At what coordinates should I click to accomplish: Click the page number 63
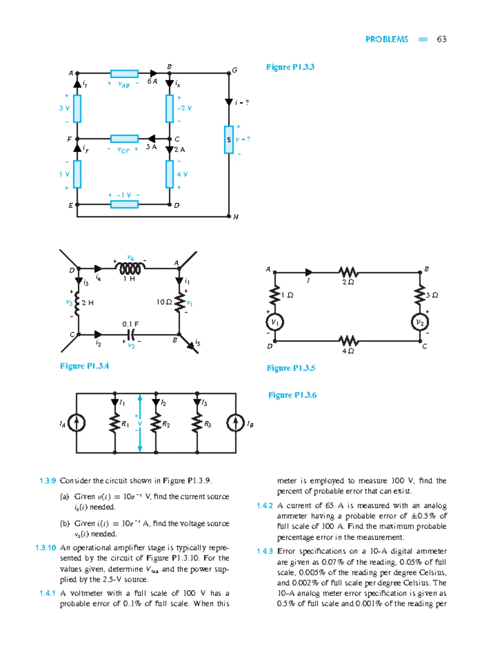441,39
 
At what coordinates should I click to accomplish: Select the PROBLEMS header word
386,39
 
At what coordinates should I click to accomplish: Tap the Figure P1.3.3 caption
290,67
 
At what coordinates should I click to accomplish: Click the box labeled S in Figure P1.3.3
229,140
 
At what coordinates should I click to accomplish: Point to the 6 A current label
152,81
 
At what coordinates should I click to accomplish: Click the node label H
236,217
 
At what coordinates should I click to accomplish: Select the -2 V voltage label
185,108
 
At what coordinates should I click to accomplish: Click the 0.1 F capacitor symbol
131,334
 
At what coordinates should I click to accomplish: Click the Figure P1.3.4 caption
84,366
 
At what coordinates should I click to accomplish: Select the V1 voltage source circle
275,322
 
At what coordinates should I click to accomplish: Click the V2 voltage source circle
420,322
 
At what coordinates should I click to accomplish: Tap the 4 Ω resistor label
348,351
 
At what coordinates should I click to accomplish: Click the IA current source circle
76,423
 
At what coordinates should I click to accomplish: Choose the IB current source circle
235,423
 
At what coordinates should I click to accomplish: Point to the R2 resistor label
166,424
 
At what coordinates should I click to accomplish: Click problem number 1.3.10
46,548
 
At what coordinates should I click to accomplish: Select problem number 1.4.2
265,506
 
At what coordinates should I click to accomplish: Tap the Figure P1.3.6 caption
292,395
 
